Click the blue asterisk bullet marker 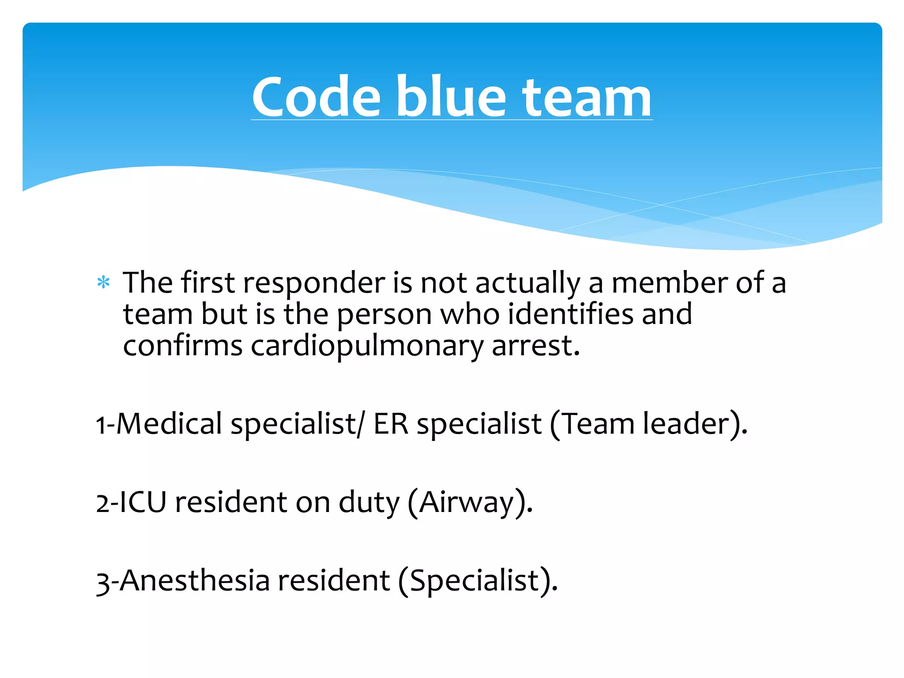click(103, 282)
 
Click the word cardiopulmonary click(367, 346)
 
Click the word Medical click(169, 424)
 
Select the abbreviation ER click(391, 424)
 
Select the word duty click(369, 503)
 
